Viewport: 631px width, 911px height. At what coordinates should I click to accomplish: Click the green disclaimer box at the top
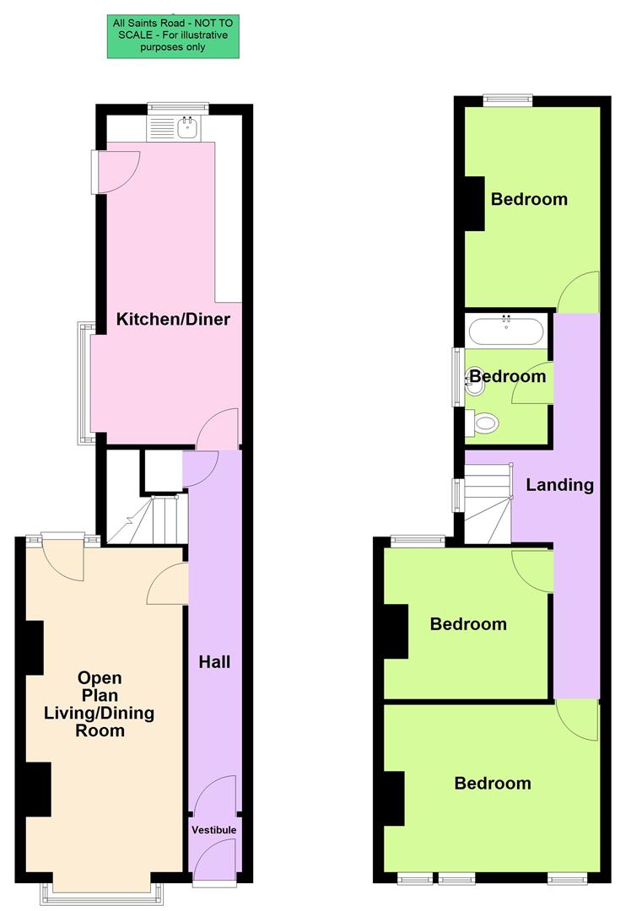172,36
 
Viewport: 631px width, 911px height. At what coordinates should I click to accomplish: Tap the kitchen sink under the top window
187,128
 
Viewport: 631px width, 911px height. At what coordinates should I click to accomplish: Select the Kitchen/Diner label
173,320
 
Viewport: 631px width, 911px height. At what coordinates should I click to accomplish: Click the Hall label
214,662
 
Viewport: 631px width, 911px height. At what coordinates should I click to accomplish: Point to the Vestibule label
213,830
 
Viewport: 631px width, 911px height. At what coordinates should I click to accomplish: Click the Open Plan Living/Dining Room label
100,703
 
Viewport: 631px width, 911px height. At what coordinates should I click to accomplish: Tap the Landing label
559,485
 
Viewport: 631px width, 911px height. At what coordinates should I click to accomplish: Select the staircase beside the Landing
488,504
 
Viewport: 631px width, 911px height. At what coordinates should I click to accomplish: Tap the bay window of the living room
101,887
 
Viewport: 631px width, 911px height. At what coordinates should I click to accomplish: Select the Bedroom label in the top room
529,200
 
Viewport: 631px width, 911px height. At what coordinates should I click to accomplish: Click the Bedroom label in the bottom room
493,784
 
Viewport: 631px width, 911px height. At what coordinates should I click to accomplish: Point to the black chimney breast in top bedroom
475,203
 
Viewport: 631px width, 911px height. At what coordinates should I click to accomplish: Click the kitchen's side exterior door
114,171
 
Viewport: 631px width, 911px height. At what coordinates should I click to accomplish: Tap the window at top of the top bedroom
508,100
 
